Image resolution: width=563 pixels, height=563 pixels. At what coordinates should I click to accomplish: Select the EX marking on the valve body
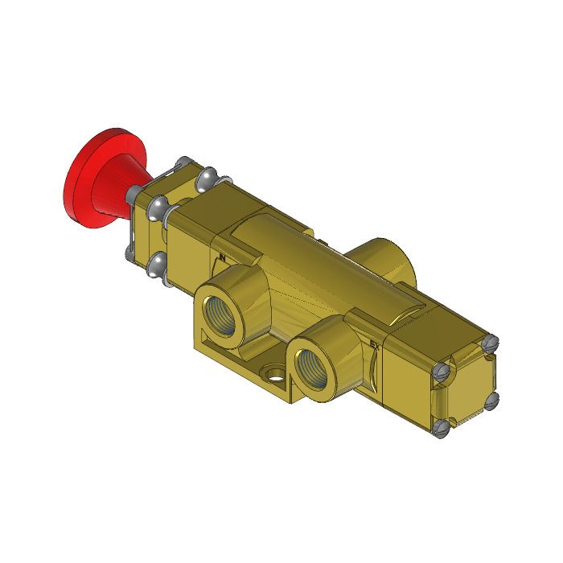(374, 347)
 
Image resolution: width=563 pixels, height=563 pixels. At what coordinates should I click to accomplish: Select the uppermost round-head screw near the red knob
(208, 175)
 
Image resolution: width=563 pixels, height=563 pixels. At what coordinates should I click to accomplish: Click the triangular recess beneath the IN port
(207, 338)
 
